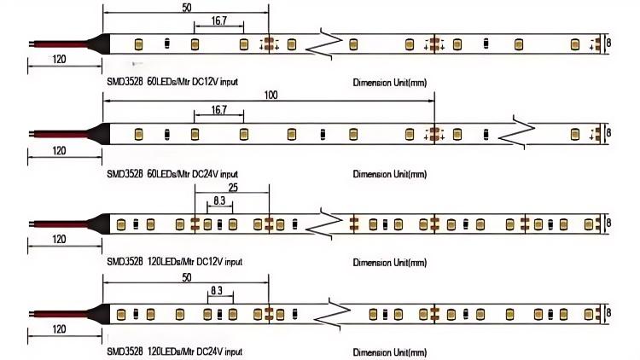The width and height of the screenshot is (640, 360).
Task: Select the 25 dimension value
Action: click(x=233, y=187)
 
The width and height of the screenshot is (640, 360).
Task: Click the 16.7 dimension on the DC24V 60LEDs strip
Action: click(x=218, y=110)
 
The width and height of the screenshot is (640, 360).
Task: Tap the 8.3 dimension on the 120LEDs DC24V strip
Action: click(x=216, y=291)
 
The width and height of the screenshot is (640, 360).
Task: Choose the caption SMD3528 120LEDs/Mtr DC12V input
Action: click(x=174, y=261)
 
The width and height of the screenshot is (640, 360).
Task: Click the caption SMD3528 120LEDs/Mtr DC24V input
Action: click(x=174, y=351)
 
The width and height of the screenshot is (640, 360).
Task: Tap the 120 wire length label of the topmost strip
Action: click(x=60, y=60)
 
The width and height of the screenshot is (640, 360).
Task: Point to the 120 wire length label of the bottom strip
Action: click(x=60, y=328)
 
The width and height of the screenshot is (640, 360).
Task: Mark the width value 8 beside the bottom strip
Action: click(x=609, y=314)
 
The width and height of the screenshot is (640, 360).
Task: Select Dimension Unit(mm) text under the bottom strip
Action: click(x=389, y=351)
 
